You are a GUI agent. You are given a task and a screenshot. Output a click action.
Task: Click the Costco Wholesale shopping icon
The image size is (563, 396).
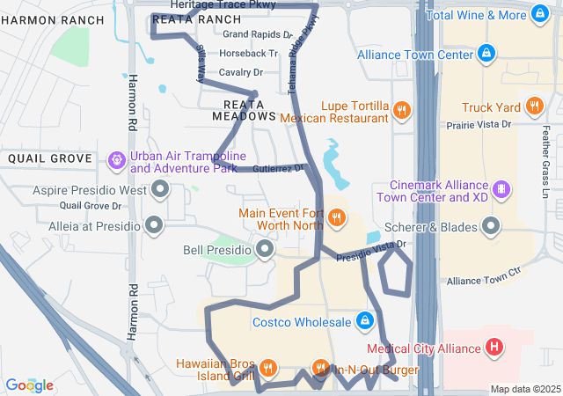point(364,321)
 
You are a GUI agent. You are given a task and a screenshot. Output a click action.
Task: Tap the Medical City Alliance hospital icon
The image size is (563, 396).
point(494,348)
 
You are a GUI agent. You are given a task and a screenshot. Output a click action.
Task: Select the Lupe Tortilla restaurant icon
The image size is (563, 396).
point(401,110)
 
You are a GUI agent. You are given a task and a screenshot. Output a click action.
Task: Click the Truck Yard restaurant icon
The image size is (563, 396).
point(534,107)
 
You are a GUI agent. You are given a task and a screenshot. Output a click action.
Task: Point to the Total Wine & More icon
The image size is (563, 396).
point(538,15)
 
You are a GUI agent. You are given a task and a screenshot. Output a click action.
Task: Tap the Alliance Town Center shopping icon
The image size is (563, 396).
point(486,54)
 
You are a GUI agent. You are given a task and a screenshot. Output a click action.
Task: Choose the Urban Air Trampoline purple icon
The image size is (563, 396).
point(116,161)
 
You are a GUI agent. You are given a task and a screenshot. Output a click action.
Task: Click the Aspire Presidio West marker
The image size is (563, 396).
point(160,189)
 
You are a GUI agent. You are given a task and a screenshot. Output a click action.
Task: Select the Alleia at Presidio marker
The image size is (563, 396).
point(155,225)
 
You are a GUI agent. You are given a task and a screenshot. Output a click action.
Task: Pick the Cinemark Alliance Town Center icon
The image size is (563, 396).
point(501,189)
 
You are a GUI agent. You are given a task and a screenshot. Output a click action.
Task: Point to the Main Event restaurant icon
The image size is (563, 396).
point(335,216)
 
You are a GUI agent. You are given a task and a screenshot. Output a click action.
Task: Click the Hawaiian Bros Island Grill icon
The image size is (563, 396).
point(269,368)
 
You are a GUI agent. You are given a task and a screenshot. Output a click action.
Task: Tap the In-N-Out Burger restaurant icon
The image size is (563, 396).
point(320,368)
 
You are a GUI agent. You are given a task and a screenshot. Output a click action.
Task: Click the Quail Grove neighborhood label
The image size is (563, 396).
point(49,158)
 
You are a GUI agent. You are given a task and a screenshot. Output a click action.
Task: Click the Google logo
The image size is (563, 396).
point(29,385)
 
